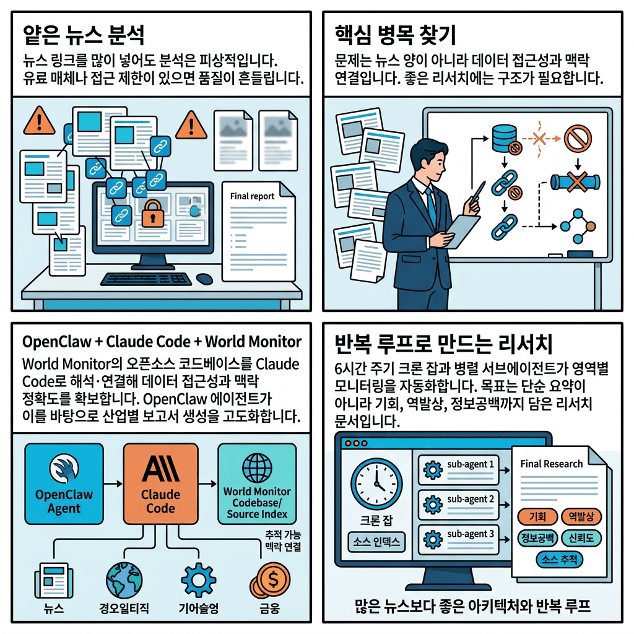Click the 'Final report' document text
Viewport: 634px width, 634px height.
click(x=252, y=196)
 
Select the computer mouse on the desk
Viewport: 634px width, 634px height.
click(x=204, y=279)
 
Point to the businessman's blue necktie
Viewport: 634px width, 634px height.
click(x=429, y=198)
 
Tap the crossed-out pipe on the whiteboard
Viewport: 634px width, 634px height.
click(x=576, y=182)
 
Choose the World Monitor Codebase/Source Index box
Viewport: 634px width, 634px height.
click(x=257, y=484)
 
